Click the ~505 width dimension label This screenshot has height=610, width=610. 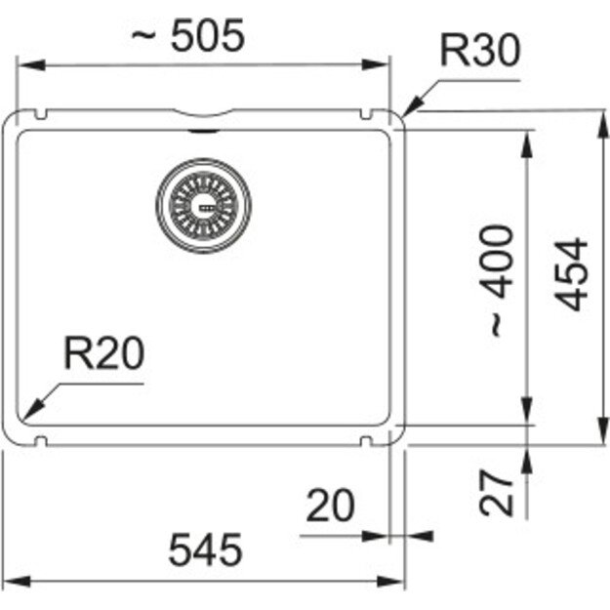188,35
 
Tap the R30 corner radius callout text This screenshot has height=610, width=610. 480,50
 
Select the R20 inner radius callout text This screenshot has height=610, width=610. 103,353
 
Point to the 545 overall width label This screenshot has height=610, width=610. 205,549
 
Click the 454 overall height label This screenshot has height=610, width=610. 571,274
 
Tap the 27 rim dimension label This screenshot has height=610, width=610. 496,493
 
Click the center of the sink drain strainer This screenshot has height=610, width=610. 203,206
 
